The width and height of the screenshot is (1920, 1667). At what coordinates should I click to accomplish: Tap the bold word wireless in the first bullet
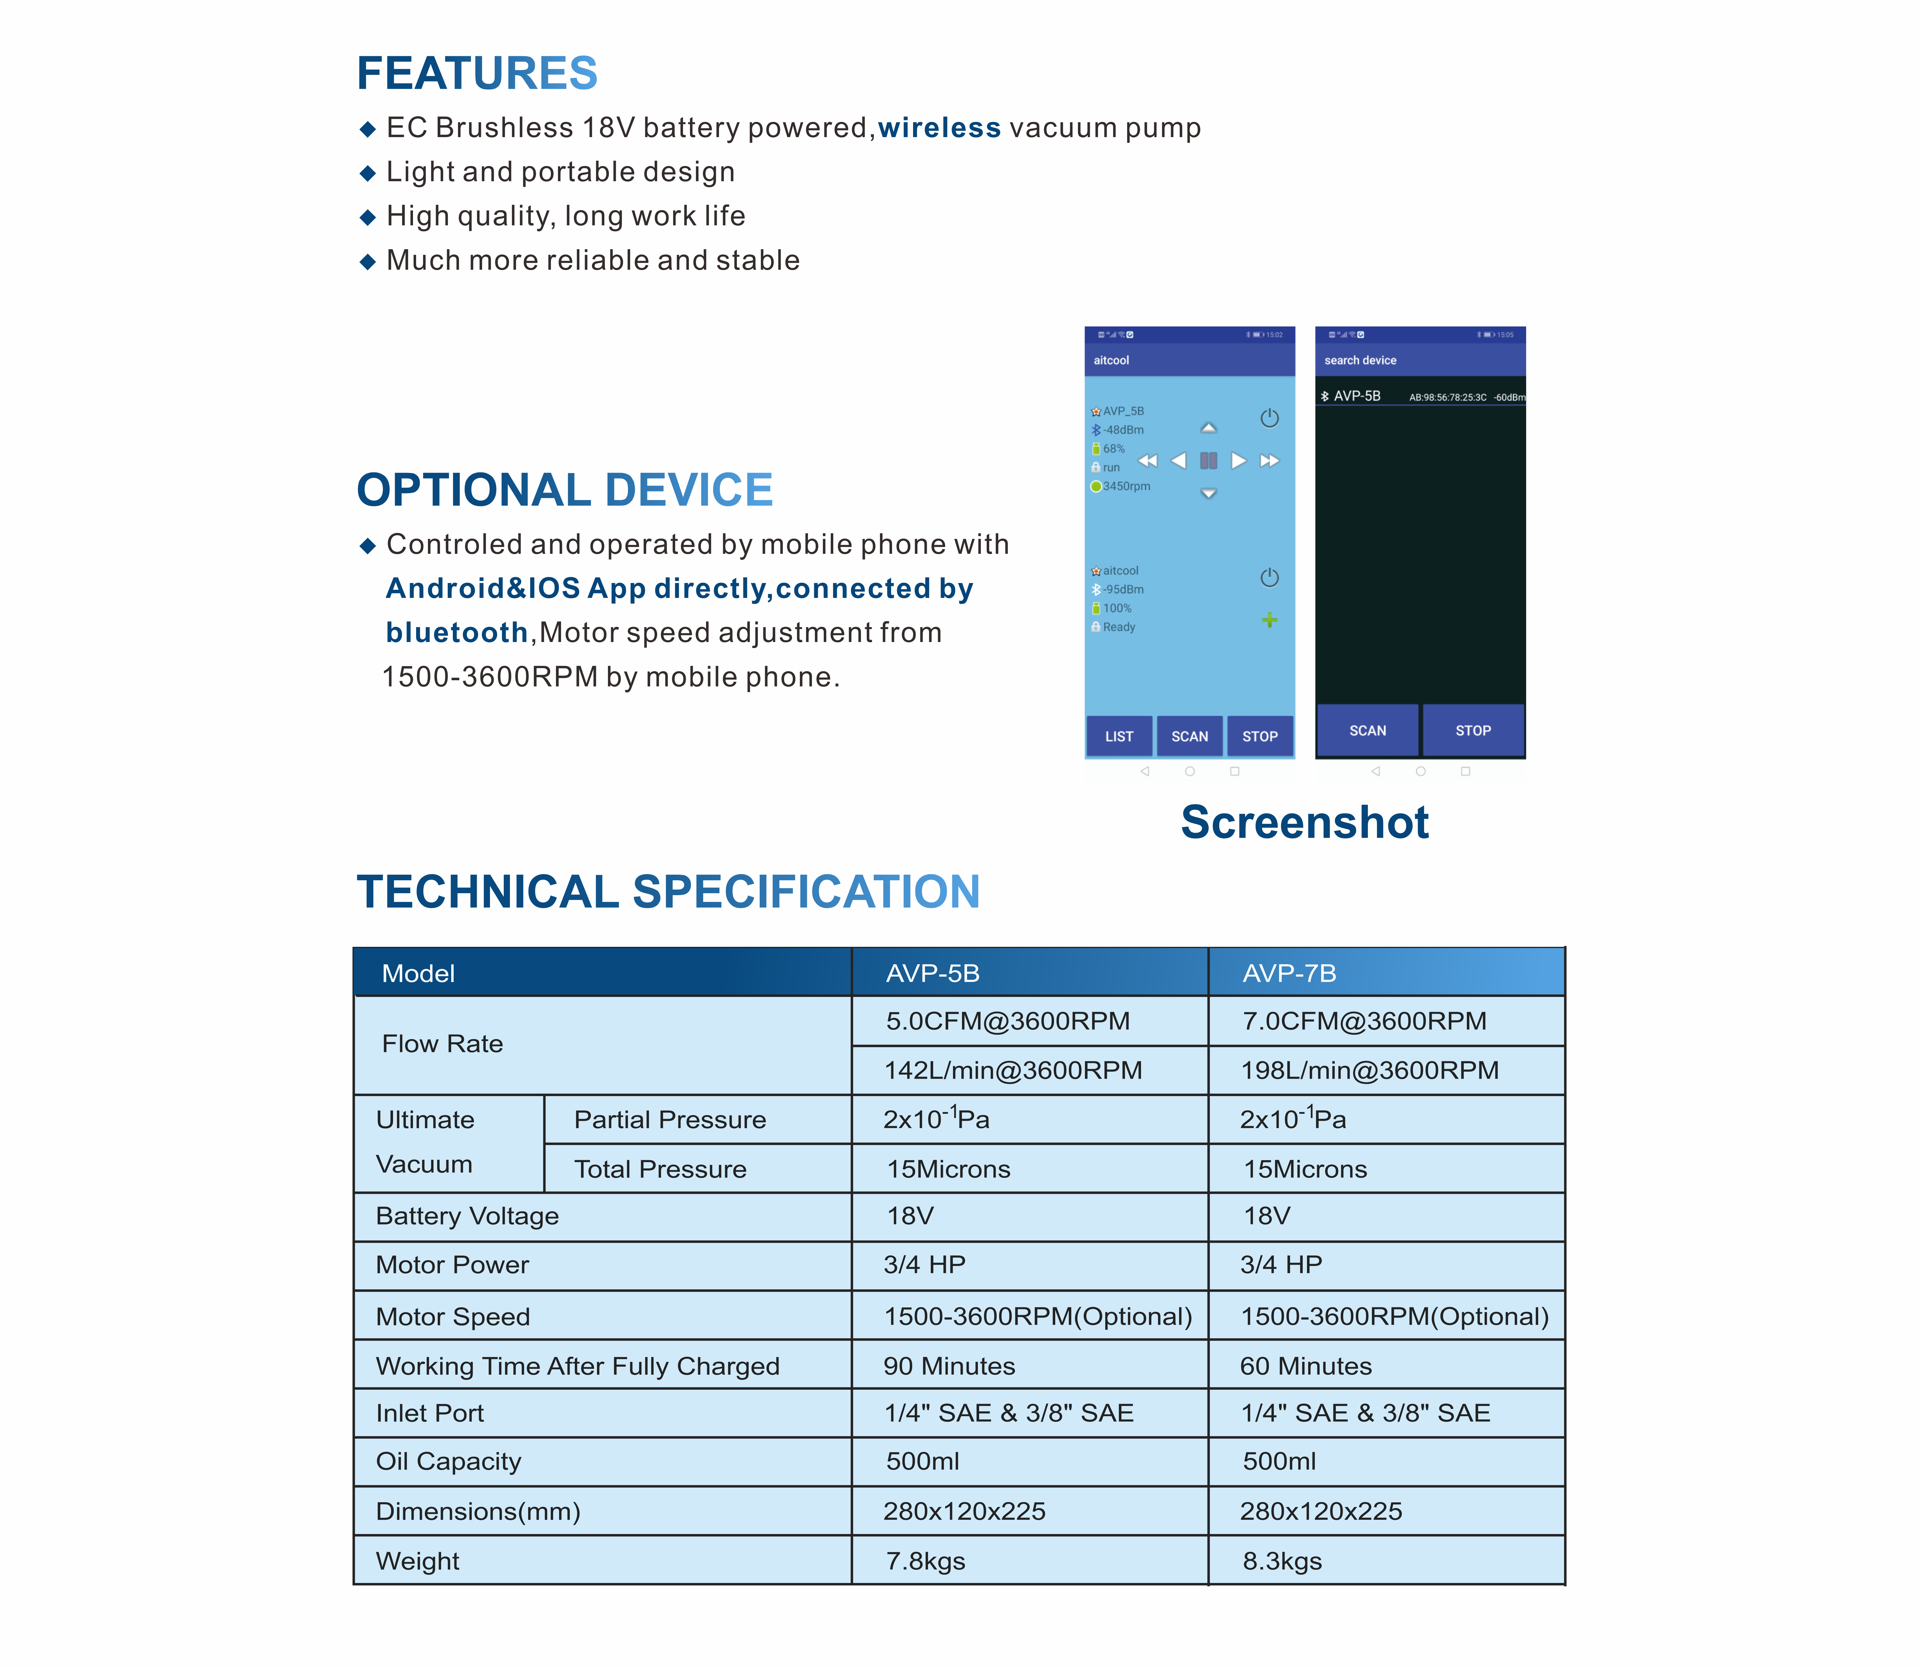[x=939, y=128]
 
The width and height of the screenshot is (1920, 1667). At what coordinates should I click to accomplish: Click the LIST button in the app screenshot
[x=1119, y=736]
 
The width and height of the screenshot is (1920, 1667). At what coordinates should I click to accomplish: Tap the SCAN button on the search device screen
[x=1367, y=730]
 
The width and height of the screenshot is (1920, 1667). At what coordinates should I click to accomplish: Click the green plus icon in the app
[x=1269, y=620]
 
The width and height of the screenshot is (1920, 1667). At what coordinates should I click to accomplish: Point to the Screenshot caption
[x=1304, y=822]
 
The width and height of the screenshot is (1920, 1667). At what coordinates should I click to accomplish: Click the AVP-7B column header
[x=1289, y=973]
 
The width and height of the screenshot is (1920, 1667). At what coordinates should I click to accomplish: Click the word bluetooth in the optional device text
[x=457, y=632]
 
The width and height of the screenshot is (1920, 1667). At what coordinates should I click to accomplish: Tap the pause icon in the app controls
[x=1208, y=461]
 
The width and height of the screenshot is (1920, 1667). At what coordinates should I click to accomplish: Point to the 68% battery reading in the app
[x=1113, y=448]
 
